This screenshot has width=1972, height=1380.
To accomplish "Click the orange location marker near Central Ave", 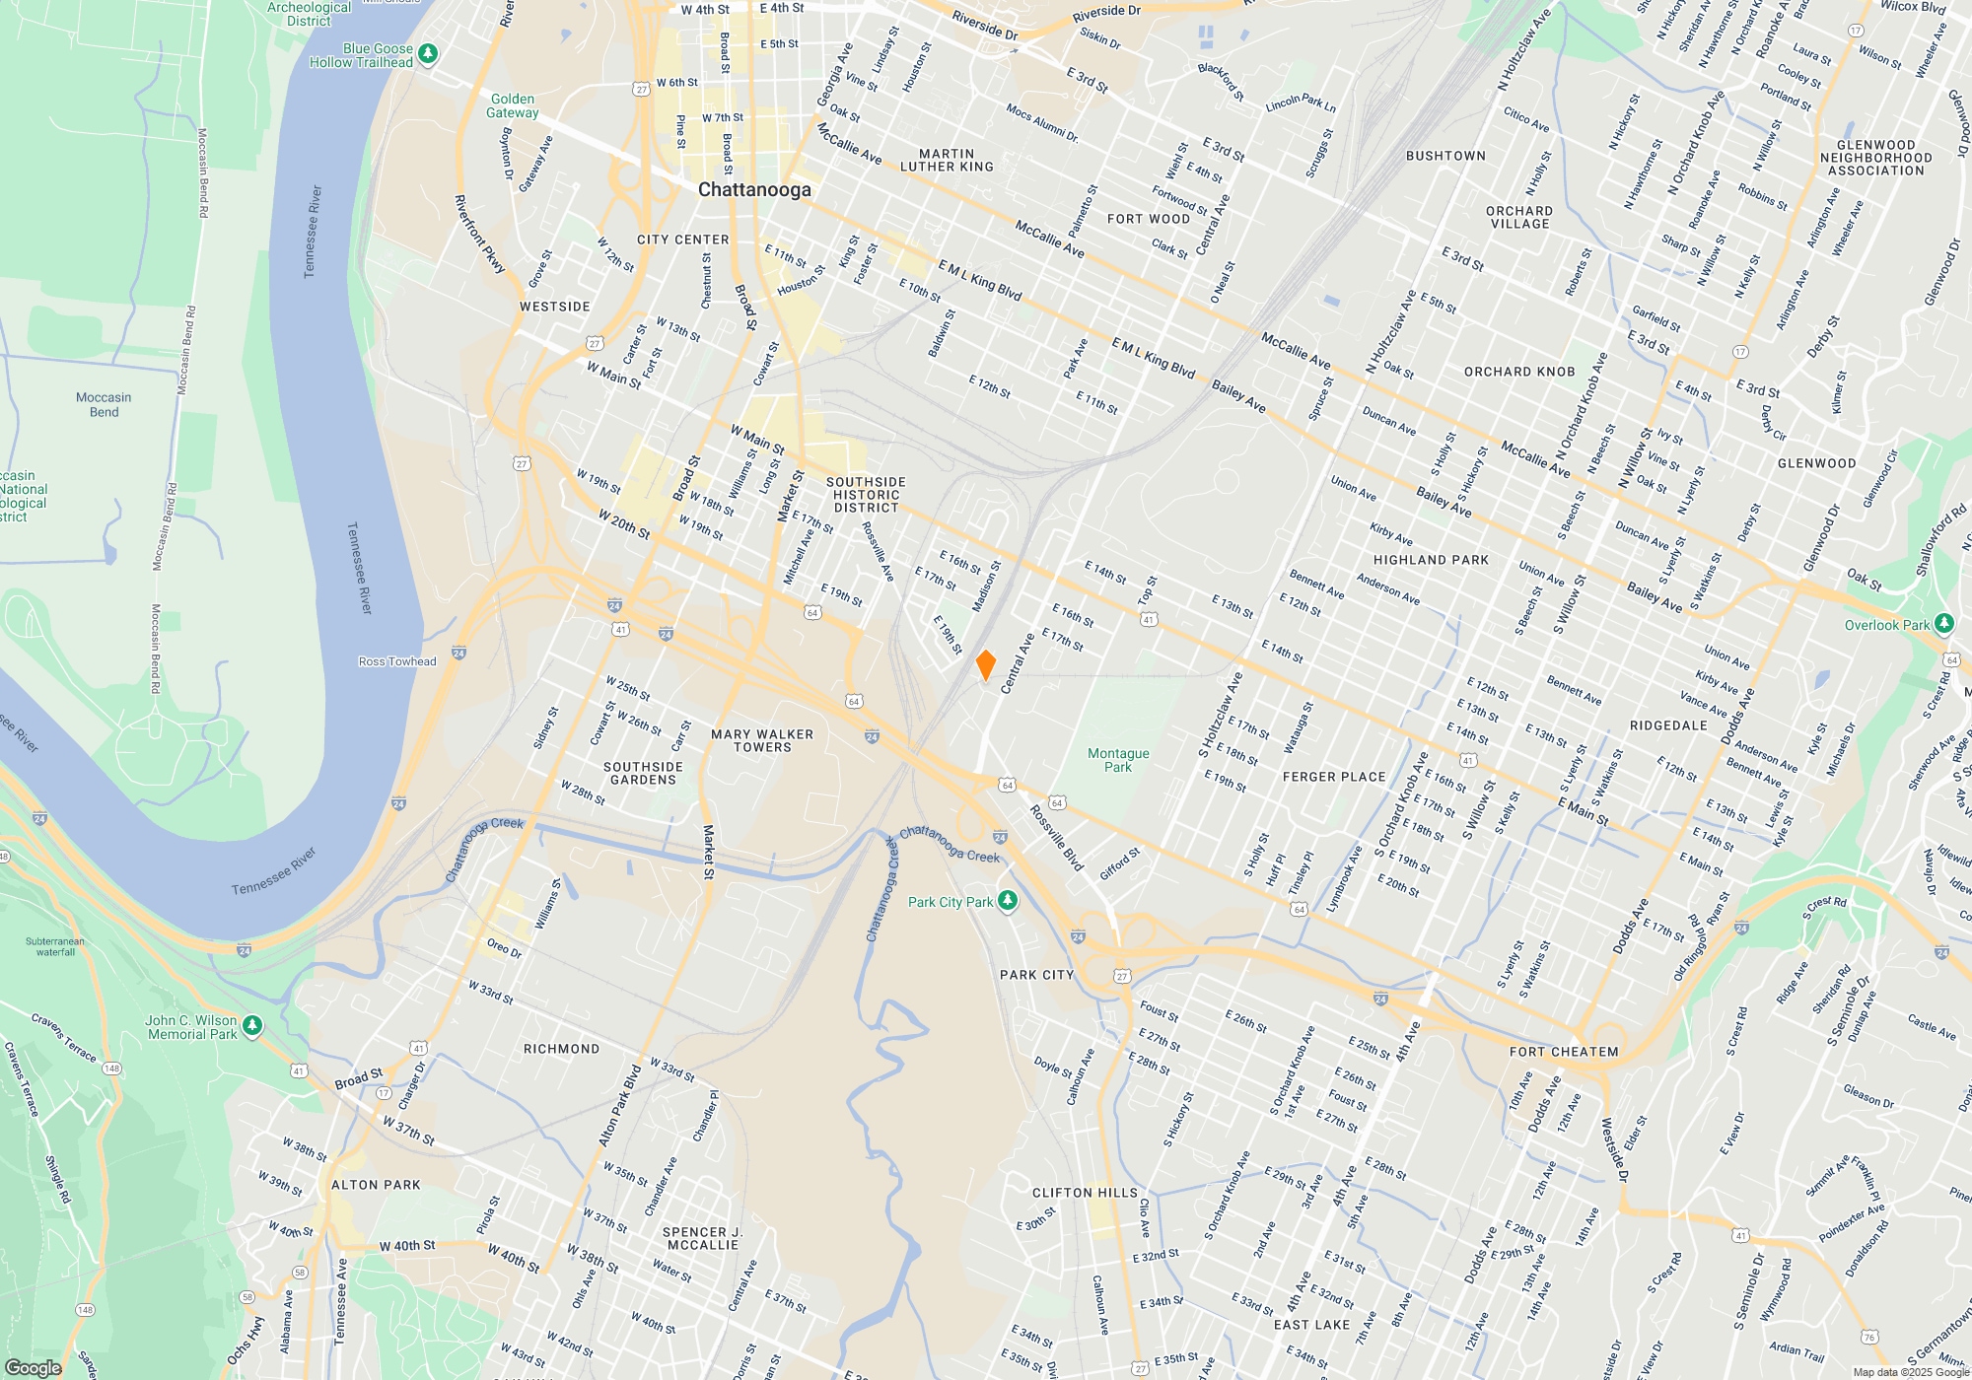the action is [985, 665].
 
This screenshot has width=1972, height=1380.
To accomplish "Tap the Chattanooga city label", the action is [754, 189].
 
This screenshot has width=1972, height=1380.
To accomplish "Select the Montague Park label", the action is [1118, 760].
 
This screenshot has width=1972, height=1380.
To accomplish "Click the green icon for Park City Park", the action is [1007, 901].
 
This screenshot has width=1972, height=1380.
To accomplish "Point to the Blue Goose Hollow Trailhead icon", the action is [428, 54].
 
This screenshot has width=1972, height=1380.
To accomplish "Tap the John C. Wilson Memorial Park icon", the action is [252, 1026].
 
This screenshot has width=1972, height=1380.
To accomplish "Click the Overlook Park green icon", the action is [1943, 624].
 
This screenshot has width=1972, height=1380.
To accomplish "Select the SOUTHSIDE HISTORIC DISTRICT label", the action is [866, 495].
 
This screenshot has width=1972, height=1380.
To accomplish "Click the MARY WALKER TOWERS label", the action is [762, 740].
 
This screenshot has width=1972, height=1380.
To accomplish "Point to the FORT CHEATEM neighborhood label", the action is [1564, 1052].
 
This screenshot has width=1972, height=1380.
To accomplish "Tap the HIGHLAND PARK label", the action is [1431, 560].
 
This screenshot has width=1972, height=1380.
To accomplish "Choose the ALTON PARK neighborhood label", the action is [376, 1185].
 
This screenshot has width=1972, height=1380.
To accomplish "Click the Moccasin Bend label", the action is [104, 404].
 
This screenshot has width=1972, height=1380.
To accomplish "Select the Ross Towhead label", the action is [397, 661].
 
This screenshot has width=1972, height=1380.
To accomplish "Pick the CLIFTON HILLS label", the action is [1085, 1193].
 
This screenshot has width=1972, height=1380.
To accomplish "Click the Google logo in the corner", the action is [34, 1367].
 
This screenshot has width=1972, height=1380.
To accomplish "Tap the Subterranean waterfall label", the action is [55, 946].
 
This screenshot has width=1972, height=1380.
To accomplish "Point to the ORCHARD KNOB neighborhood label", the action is [1519, 372].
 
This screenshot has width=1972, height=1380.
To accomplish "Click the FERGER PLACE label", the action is [1334, 777].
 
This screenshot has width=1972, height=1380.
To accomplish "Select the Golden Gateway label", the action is [513, 105].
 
